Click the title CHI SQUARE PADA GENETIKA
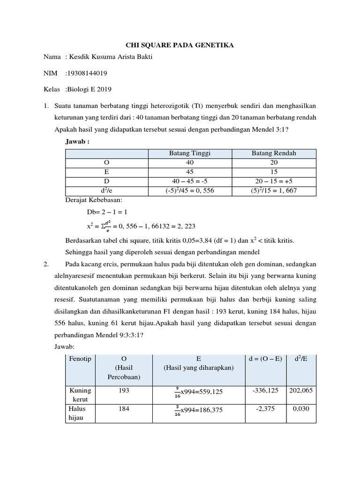(x=180, y=45)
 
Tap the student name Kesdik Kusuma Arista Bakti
(x=110, y=57)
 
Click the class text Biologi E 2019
(x=89, y=89)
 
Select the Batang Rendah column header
(x=274, y=153)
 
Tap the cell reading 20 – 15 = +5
(x=274, y=181)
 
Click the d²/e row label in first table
(x=106, y=191)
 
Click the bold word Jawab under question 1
(x=77, y=141)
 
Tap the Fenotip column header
(x=81, y=359)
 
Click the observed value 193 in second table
(x=124, y=390)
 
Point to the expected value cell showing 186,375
(x=198, y=410)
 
